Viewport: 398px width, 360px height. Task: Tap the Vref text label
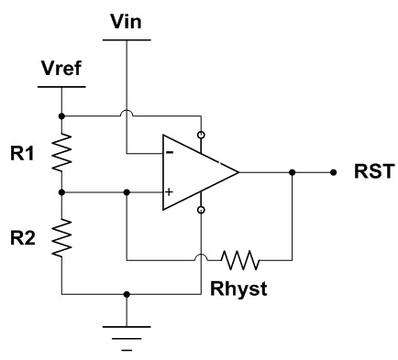click(x=61, y=69)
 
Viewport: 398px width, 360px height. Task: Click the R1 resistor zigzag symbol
click(x=61, y=154)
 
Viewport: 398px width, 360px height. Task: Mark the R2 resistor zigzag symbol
click(x=61, y=241)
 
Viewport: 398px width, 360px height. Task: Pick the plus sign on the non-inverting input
click(x=170, y=192)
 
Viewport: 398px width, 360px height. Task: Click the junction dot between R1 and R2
click(x=61, y=192)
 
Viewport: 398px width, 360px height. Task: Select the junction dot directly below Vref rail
click(x=61, y=116)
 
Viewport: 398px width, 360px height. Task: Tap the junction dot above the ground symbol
click(x=126, y=295)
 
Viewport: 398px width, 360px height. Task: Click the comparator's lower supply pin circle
click(x=200, y=211)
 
